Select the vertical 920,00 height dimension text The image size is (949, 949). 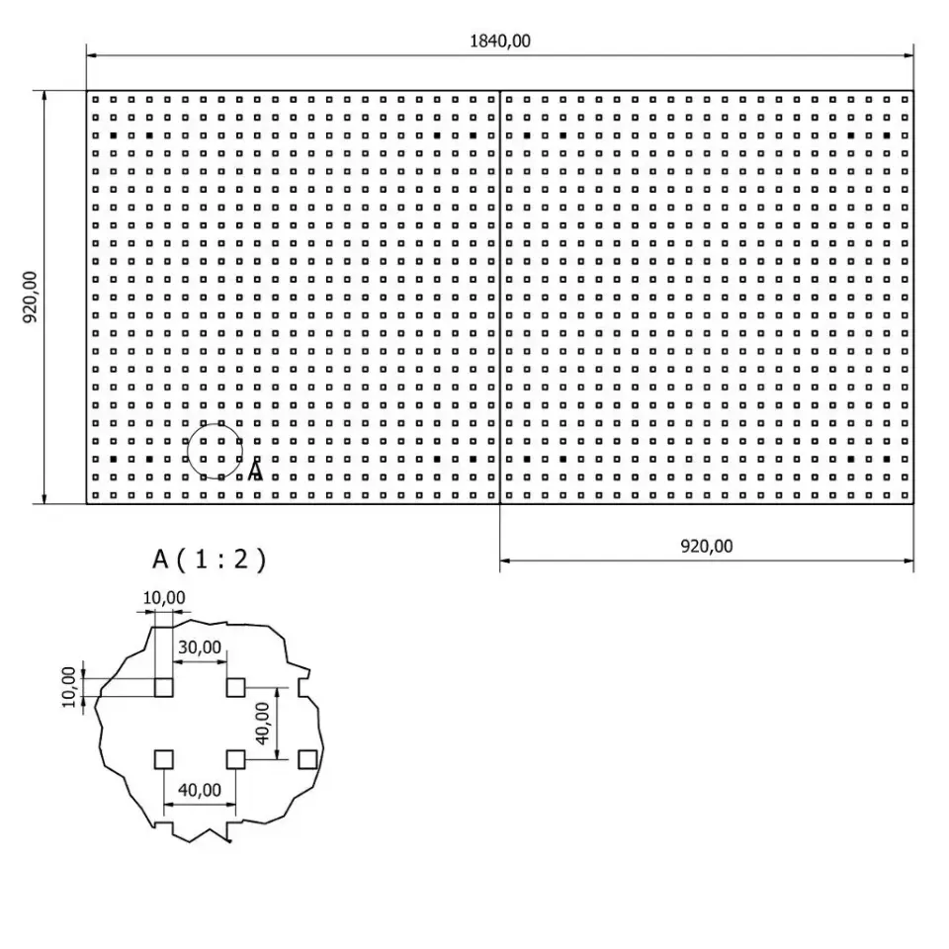[30, 297]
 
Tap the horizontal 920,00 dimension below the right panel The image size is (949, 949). [705, 545]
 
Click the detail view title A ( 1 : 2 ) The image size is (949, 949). [209, 560]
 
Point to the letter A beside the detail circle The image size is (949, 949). [255, 471]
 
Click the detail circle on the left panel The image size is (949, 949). [215, 451]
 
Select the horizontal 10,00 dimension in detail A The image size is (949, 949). [163, 597]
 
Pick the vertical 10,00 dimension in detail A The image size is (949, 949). [68, 686]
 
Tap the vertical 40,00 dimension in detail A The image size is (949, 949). [262, 724]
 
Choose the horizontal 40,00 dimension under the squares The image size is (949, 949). [199, 790]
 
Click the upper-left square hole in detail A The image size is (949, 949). [164, 687]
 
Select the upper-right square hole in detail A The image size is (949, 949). [236, 687]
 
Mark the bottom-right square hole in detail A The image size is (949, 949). [307, 759]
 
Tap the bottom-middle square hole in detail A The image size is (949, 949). [236, 759]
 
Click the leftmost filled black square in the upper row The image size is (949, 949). [113, 134]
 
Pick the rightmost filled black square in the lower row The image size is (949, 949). [887, 460]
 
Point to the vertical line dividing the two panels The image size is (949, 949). [500, 297]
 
